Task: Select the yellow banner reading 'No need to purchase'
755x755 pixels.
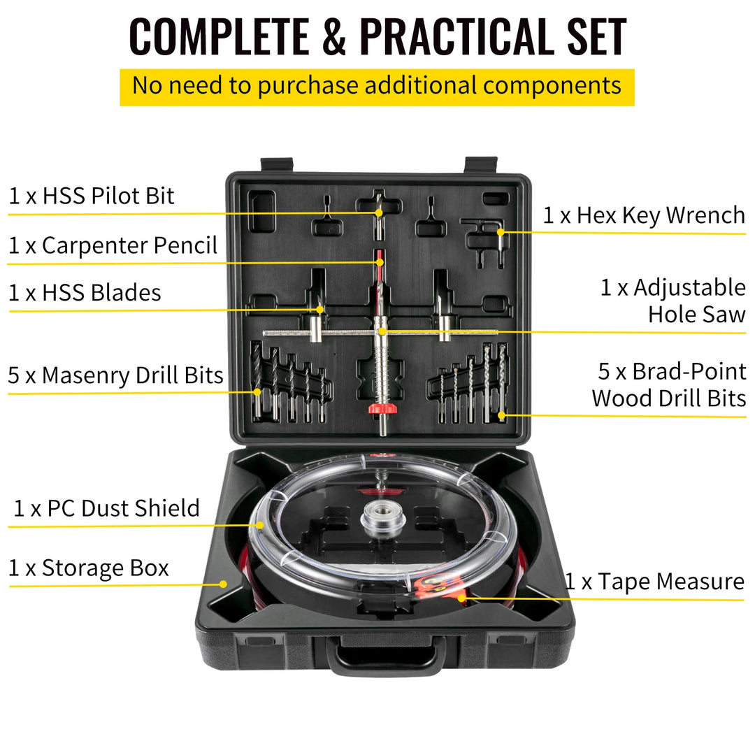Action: click(377, 86)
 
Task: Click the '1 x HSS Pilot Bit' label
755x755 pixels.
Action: click(91, 196)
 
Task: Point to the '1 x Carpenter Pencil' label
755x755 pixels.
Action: click(113, 245)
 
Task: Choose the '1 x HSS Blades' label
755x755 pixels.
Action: click(85, 292)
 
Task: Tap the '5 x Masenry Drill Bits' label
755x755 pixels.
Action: click(115, 375)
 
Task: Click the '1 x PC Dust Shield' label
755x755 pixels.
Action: click(106, 508)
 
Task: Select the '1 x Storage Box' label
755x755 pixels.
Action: click(89, 568)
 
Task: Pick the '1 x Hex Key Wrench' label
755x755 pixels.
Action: click(644, 215)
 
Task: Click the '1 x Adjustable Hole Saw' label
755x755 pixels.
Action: click(673, 301)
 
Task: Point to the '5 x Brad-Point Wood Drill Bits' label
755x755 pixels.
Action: click(669, 384)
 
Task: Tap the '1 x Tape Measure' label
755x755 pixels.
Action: click(654, 582)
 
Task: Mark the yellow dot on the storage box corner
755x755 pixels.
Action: click(224, 583)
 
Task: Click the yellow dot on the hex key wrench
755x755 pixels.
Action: click(500, 232)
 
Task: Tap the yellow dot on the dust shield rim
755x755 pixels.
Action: click(260, 524)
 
